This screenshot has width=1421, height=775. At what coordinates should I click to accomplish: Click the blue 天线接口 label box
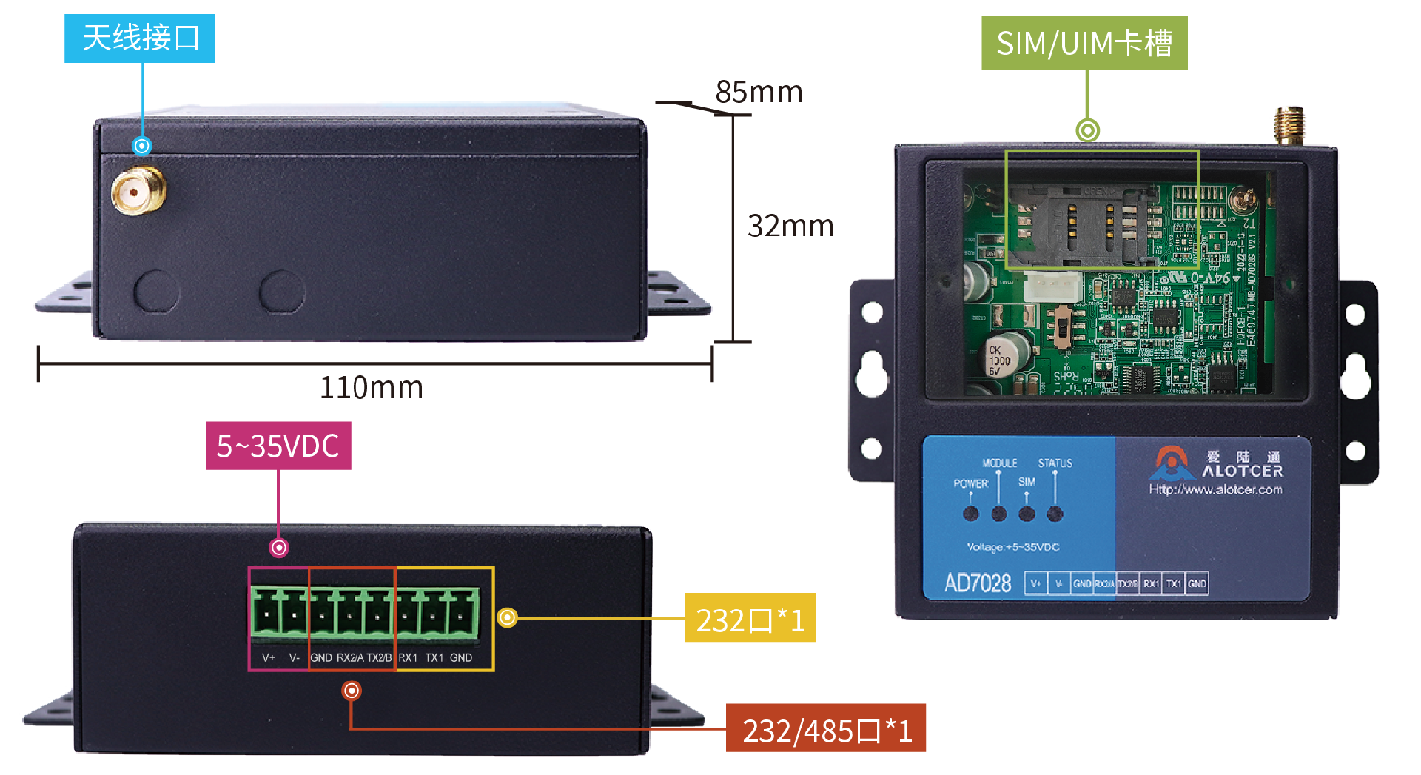click(x=140, y=38)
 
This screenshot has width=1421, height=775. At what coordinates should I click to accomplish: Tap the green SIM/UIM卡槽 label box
click(x=1084, y=44)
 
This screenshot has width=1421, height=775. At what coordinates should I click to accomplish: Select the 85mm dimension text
click(x=759, y=93)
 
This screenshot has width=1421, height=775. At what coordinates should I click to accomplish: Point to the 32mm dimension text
click(x=790, y=226)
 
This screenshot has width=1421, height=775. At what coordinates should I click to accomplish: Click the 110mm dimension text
click(x=372, y=388)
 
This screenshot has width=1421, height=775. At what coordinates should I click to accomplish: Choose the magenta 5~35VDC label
click(x=278, y=446)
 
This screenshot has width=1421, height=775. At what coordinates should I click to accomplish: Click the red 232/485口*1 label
click(x=826, y=731)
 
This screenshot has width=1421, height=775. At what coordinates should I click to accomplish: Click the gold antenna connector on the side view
click(x=138, y=191)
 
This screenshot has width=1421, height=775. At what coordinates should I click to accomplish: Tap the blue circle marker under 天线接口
click(x=142, y=146)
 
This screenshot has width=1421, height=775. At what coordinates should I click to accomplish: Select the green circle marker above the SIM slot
click(x=1087, y=130)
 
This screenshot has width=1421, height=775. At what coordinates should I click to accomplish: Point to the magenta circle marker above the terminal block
click(x=279, y=548)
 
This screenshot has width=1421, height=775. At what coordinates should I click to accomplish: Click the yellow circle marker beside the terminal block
click(x=507, y=617)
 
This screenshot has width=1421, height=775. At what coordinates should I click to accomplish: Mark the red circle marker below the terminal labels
click(x=352, y=691)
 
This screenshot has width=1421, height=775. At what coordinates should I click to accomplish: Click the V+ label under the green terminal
click(x=269, y=657)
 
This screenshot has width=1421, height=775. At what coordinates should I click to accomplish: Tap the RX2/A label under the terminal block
click(x=350, y=657)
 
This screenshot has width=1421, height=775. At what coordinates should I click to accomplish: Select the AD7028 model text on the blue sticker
click(x=978, y=583)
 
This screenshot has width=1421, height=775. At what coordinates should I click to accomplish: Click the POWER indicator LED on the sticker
click(x=971, y=514)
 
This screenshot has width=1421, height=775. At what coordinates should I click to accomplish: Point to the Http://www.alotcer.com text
click(x=1215, y=489)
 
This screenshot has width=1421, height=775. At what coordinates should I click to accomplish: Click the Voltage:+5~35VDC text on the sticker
click(x=1013, y=547)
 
